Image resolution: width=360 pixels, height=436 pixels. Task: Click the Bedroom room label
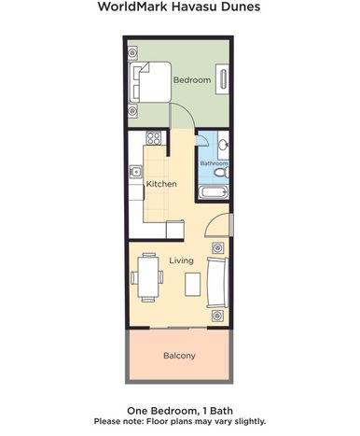(x=192, y=80)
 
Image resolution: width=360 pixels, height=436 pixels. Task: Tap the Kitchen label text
(x=161, y=184)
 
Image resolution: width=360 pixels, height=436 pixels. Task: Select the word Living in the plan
(x=181, y=260)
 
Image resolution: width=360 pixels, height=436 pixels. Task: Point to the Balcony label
(x=179, y=356)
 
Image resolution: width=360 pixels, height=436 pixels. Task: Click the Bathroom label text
(x=214, y=163)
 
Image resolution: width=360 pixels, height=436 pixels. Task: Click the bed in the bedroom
(x=150, y=82)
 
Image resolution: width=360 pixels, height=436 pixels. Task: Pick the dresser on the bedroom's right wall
(x=222, y=79)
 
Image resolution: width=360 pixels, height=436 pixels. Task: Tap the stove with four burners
(x=154, y=138)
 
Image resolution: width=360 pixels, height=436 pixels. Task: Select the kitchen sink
(x=135, y=172)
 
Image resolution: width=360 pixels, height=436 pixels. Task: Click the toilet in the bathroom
(x=222, y=172)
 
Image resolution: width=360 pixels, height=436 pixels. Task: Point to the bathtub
(x=214, y=191)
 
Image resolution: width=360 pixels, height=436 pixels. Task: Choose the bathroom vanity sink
(x=223, y=145)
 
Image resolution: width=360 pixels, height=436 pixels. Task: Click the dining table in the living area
(x=148, y=277)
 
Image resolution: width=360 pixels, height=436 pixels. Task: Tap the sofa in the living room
(x=217, y=282)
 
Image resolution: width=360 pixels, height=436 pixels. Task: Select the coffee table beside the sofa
(x=193, y=284)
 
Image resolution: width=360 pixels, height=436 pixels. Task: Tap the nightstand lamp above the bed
(x=132, y=53)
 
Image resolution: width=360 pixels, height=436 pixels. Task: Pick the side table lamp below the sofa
(x=217, y=316)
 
